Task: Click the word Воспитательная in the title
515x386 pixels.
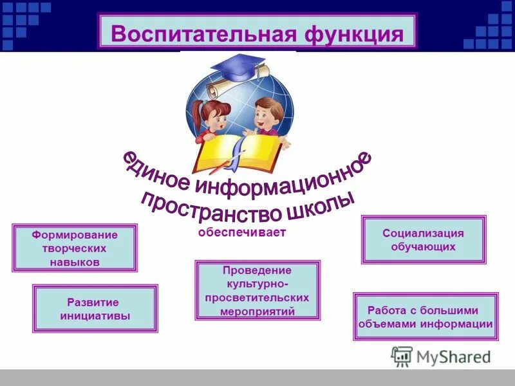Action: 196,32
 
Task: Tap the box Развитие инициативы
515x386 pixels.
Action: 95,309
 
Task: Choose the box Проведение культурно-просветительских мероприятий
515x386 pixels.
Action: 257,291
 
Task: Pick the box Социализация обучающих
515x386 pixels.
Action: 424,240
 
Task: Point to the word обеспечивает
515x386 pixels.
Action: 241,233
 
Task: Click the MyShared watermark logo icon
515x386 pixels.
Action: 402,356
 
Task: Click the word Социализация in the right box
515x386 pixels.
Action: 423,234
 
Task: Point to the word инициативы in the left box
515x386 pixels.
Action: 95,316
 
